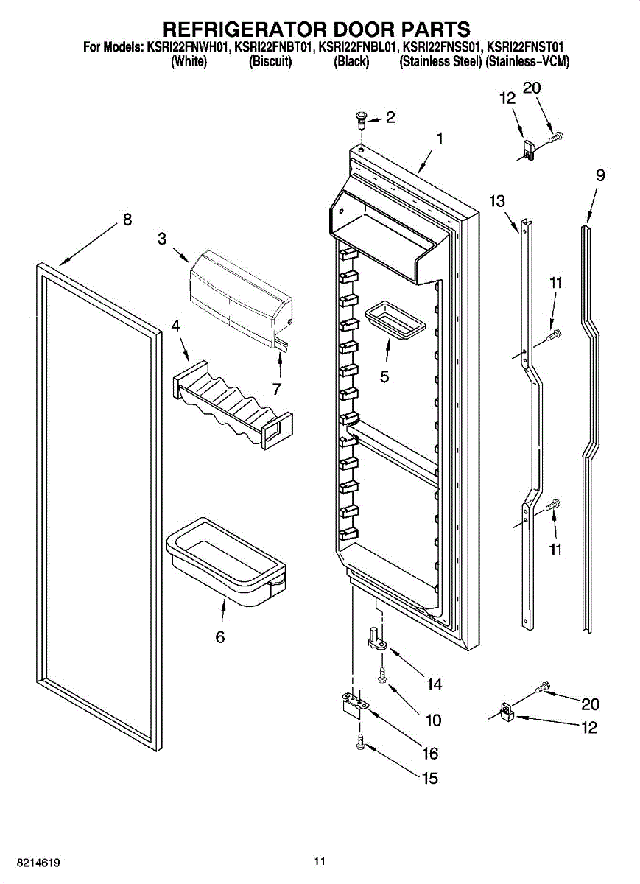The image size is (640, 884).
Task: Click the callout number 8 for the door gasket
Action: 127,219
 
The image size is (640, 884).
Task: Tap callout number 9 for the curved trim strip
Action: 600,175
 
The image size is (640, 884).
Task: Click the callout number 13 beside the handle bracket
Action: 496,201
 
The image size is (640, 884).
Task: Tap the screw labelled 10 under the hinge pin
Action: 382,675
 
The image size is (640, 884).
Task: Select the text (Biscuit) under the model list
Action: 270,62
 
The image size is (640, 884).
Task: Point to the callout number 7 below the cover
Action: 278,390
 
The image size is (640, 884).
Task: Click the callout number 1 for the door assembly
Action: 439,138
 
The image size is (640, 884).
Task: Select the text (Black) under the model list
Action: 351,62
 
